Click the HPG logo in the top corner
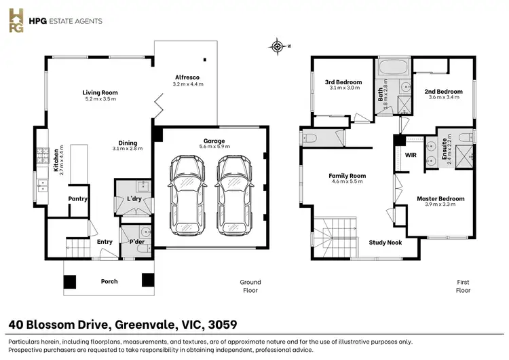[16, 20]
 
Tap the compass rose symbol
[277, 46]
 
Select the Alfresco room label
[187, 77]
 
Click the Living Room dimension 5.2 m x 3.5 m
[100, 98]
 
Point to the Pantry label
[78, 199]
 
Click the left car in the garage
[187, 195]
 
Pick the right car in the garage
[233, 195]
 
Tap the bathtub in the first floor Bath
[394, 67]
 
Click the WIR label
[411, 155]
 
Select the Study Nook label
[385, 242]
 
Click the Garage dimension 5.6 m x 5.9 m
[214, 147]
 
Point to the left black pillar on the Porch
[69, 282]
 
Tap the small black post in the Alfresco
[205, 60]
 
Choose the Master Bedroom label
[440, 198]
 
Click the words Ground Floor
[250, 286]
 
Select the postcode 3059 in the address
[223, 324]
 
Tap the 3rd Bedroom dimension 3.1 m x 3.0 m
[344, 88]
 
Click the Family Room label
[347, 176]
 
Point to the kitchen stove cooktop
[43, 156]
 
